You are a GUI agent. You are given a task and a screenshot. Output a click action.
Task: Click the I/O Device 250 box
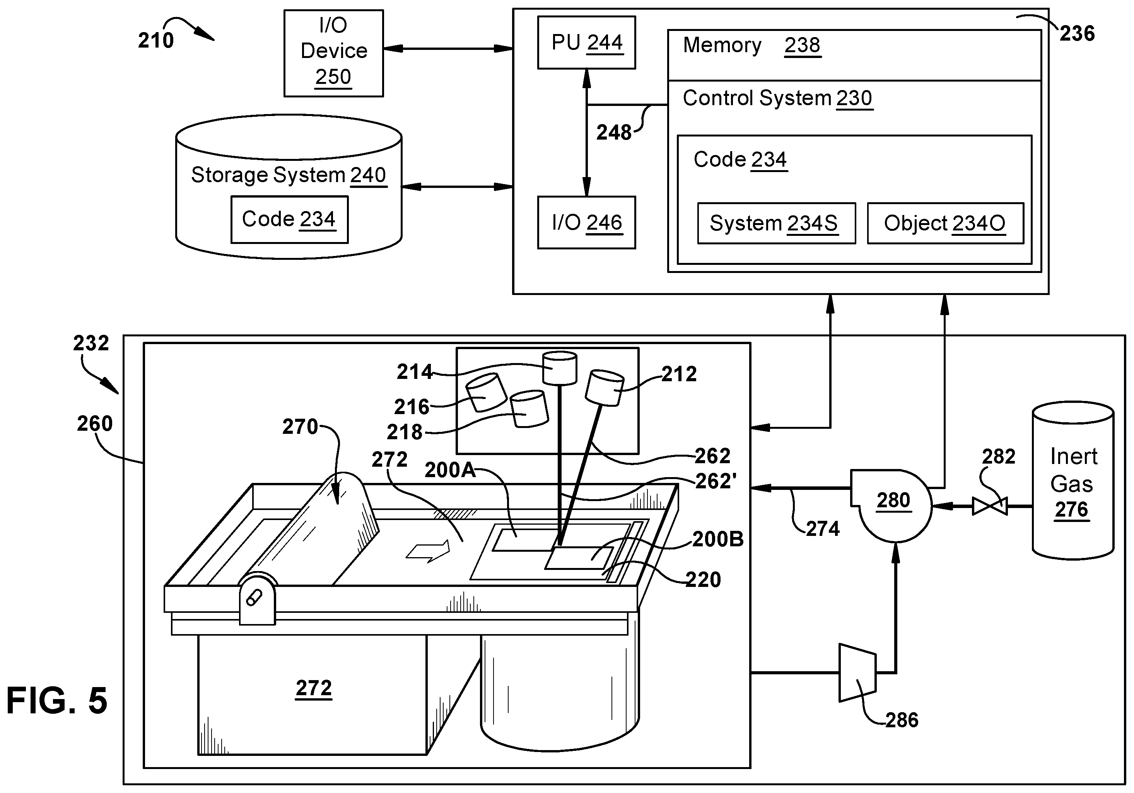point(333,53)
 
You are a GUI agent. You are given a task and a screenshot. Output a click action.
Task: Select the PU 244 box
point(586,43)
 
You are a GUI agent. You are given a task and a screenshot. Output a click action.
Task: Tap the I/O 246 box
point(586,222)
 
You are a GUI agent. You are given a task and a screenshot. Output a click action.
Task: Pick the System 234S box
point(776,223)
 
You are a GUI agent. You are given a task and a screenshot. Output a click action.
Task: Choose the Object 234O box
point(945,223)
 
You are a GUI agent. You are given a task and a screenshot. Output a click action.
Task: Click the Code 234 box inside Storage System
point(289,219)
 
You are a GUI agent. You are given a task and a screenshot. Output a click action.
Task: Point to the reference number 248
point(613,132)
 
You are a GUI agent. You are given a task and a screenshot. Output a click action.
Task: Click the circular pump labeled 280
point(891,505)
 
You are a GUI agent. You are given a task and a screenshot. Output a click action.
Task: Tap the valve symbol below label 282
point(989,506)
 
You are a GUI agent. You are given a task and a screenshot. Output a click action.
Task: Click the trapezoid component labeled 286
point(857,672)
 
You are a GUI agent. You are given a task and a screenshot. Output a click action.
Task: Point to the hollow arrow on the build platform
point(428,551)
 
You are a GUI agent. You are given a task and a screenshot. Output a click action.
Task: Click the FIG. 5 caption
point(57,700)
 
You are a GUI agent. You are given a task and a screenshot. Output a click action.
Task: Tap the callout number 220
point(703,579)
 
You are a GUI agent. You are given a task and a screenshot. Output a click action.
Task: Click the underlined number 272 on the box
point(314,687)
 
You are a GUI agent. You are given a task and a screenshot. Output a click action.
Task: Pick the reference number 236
point(1077,34)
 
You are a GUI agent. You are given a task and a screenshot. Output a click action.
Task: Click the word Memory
point(722,45)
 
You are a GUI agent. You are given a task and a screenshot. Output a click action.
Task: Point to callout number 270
point(300,426)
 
